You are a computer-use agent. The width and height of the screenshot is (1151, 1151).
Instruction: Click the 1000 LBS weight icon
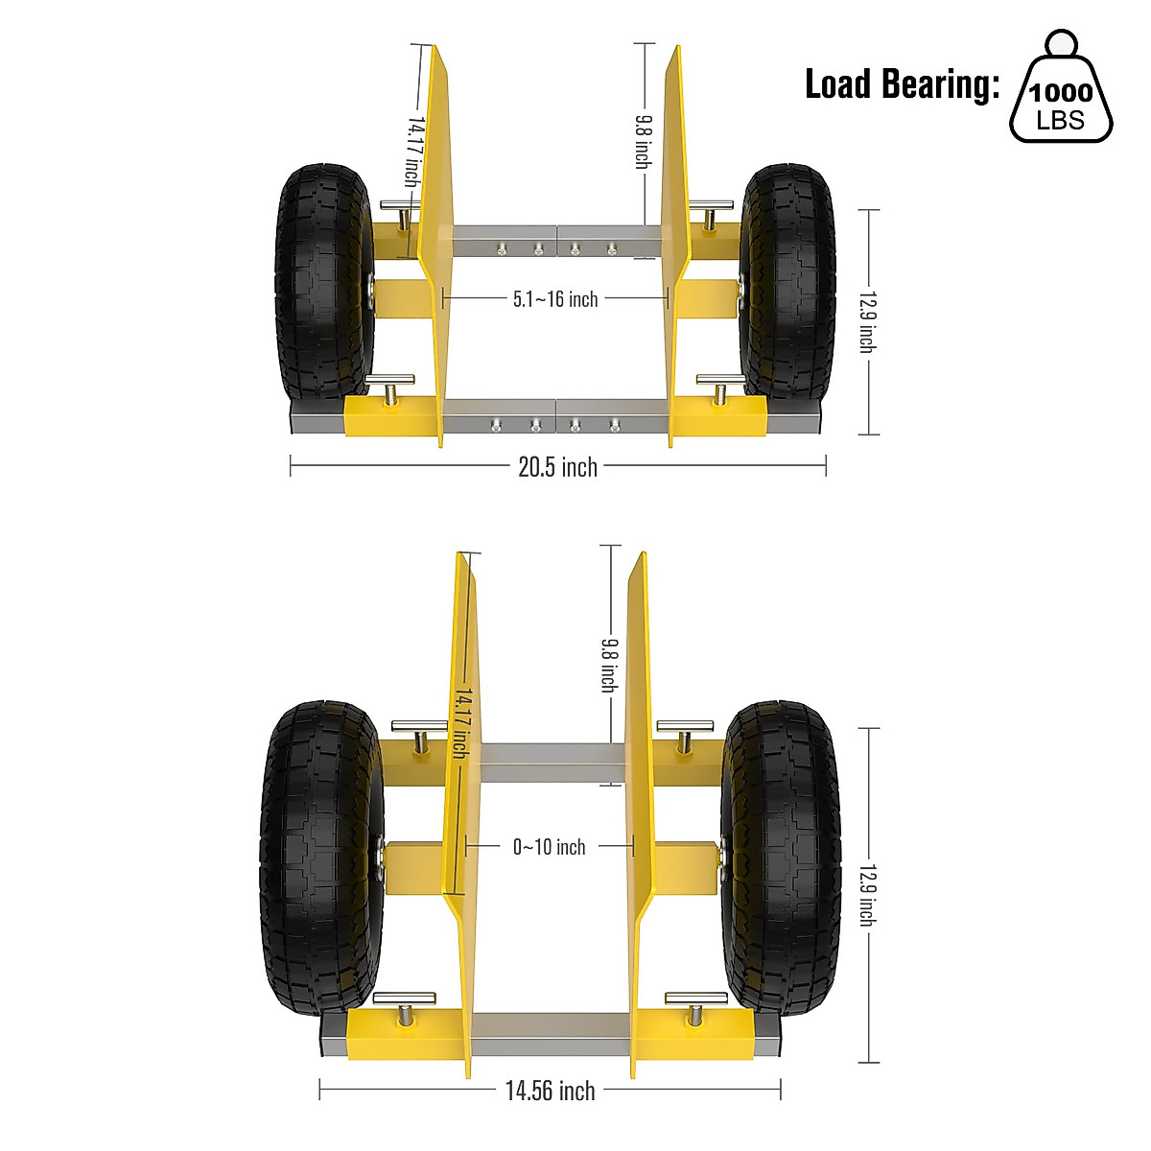click(1061, 91)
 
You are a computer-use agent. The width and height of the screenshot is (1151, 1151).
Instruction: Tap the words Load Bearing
click(902, 84)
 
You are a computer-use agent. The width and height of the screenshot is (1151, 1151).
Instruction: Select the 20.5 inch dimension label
click(557, 467)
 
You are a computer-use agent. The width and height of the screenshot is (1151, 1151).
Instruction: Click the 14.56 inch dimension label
click(550, 1091)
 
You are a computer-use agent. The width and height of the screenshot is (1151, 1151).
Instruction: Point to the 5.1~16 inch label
click(554, 299)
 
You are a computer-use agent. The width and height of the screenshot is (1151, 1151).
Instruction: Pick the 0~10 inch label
click(549, 847)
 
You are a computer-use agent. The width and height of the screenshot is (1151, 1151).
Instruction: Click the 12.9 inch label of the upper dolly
click(866, 321)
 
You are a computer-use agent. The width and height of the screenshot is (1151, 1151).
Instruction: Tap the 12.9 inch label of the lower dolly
click(866, 894)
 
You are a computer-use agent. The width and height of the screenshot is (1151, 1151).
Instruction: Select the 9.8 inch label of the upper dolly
click(644, 141)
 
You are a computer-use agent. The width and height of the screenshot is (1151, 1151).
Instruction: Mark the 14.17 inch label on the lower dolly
click(461, 720)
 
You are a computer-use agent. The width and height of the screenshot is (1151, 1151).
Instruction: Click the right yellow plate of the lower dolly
click(638, 815)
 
